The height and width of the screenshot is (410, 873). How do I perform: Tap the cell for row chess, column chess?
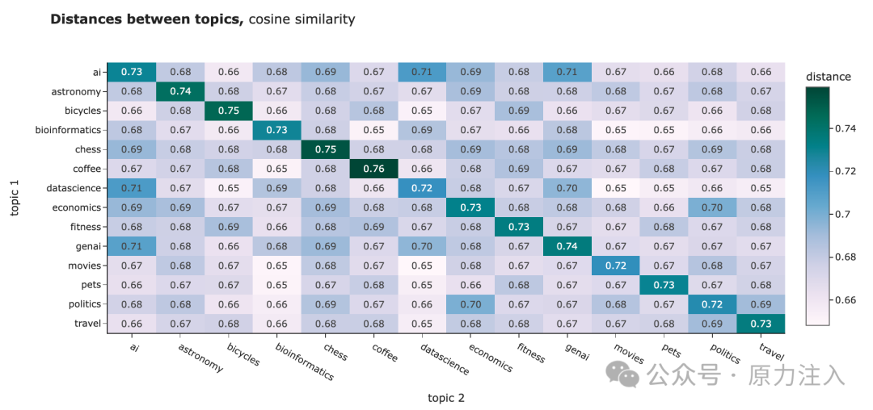(324, 149)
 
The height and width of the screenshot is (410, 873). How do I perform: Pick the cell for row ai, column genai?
(566, 72)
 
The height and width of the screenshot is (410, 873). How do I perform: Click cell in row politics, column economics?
(470, 304)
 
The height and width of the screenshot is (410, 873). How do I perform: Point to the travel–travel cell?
(760, 324)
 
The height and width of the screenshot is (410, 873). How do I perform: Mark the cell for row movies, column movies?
(614, 266)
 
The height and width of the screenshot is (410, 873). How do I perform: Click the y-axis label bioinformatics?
(73, 130)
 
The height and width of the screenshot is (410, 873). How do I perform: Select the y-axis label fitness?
(86, 227)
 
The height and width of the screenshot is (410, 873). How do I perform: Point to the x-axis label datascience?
(445, 358)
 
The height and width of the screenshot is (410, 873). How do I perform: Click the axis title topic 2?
(445, 397)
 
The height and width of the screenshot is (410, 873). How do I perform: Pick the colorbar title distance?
(828, 77)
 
